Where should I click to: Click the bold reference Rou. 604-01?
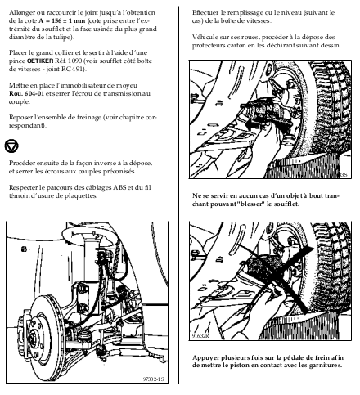(x=26, y=93)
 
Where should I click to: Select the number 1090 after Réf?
(x=74, y=61)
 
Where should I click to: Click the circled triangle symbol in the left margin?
(x=11, y=146)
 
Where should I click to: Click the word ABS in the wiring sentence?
(x=119, y=187)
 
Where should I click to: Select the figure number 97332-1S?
(x=154, y=379)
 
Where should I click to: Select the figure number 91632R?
(x=200, y=336)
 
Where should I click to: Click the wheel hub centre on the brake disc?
(x=34, y=336)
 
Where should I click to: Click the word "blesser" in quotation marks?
(x=251, y=204)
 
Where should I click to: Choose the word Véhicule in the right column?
(x=204, y=37)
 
